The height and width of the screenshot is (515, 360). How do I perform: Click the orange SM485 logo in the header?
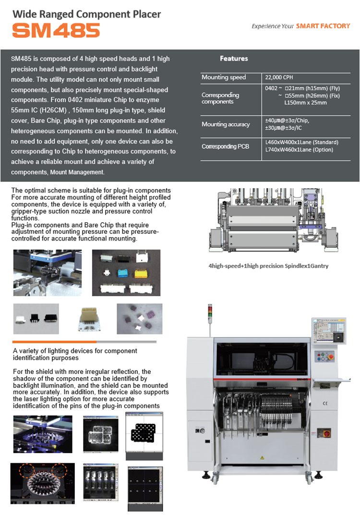pyautogui.click(x=56, y=30)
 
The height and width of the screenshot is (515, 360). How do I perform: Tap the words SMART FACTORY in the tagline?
pyautogui.click(x=323, y=26)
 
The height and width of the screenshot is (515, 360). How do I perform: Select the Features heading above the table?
pyautogui.click(x=234, y=59)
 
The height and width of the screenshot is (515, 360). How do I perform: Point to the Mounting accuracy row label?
pyautogui.click(x=226, y=124)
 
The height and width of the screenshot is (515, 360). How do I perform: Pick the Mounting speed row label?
pyautogui.click(x=224, y=77)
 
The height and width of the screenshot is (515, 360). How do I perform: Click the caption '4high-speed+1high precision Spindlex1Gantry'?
pyautogui.click(x=268, y=266)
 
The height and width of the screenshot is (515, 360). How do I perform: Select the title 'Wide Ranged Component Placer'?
pyautogui.click(x=86, y=14)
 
